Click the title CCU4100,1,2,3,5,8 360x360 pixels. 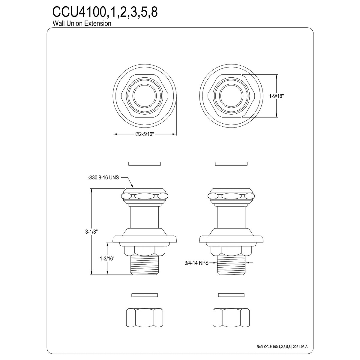click(105, 12)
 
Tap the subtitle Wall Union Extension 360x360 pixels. click(82, 23)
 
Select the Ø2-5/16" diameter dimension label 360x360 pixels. click(144, 134)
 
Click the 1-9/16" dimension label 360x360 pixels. click(276, 96)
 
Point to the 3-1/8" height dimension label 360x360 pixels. click(91, 232)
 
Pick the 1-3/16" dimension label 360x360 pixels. click(107, 259)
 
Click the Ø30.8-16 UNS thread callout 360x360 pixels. click(103, 178)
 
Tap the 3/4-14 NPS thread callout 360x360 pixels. click(196, 263)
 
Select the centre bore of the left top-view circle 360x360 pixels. click(145, 96)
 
